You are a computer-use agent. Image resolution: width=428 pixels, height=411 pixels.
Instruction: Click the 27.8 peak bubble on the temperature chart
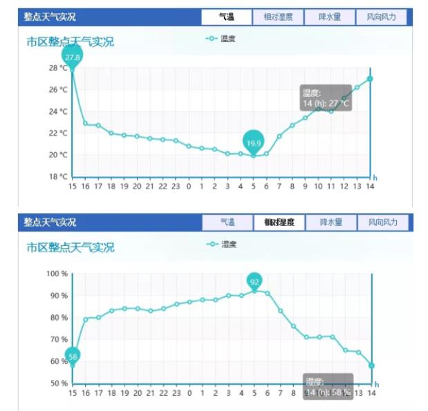pyautogui.click(x=72, y=57)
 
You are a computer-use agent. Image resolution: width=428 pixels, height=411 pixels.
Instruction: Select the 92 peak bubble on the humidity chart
pyautogui.click(x=254, y=281)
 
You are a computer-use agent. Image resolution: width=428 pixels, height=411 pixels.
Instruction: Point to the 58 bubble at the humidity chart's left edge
pyautogui.click(x=73, y=356)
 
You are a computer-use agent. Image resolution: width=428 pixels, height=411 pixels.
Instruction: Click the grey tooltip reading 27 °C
pyautogui.click(x=326, y=98)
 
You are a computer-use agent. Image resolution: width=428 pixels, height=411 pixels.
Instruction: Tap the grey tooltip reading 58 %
pyautogui.click(x=328, y=387)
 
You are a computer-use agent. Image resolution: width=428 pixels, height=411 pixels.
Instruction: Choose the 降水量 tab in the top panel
pyautogui.click(x=330, y=17)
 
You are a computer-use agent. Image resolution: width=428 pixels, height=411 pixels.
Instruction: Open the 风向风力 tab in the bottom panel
pyautogui.click(x=383, y=222)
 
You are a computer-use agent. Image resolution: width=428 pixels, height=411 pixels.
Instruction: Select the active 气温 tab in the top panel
pyautogui.click(x=225, y=17)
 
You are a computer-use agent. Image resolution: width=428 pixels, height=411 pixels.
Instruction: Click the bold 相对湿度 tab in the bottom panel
pyautogui.click(x=279, y=222)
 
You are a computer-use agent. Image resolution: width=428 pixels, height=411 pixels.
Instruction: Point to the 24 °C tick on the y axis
pyautogui.click(x=58, y=111)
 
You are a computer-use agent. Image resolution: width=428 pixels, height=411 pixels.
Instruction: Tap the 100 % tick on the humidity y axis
pyautogui.click(x=57, y=274)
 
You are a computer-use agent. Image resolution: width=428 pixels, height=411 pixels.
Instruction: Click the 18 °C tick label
pyautogui.click(x=58, y=177)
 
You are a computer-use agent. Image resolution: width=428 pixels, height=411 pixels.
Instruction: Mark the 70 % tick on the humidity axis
pyautogui.click(x=59, y=339)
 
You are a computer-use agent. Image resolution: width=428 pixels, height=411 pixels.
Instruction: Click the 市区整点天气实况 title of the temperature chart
pyautogui.click(x=70, y=41)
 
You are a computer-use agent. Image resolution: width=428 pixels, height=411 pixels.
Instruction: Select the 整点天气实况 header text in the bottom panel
pyautogui.click(x=50, y=222)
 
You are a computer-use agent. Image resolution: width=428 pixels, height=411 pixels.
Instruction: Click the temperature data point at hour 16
pyautogui.click(x=85, y=124)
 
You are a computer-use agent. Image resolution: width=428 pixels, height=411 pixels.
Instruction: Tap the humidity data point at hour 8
pyautogui.click(x=293, y=326)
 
